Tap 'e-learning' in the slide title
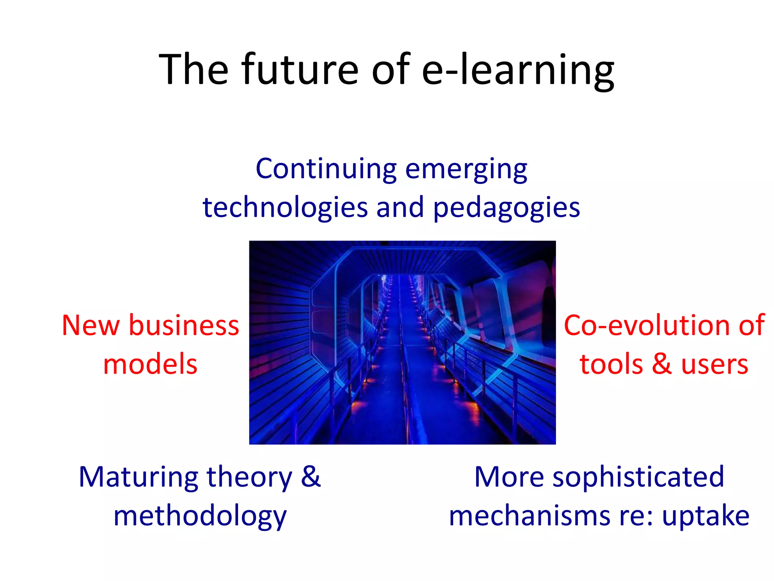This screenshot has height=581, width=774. (x=518, y=70)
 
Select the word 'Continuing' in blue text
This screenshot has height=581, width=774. (x=326, y=169)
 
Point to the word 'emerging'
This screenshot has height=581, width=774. (x=466, y=170)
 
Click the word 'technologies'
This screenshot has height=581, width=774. (x=285, y=208)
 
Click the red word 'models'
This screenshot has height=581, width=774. (x=150, y=364)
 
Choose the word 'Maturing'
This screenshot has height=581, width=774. (x=138, y=477)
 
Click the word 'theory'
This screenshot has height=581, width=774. (x=249, y=478)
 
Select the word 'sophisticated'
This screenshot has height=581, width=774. (x=638, y=478)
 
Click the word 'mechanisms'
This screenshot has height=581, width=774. (x=529, y=516)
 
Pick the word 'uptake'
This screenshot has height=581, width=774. (x=706, y=517)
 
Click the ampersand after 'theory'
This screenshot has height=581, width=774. (x=311, y=477)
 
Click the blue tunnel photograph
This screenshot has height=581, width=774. (x=402, y=342)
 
